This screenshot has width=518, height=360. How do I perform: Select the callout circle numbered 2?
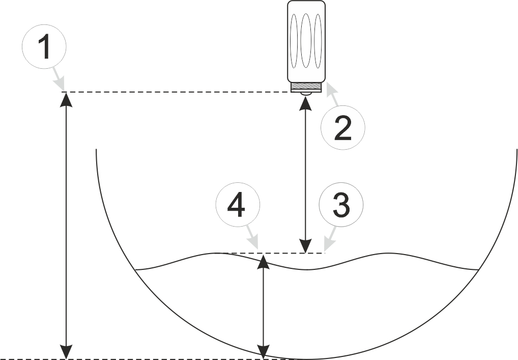click(343, 127)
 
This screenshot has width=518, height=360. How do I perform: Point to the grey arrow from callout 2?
click(332, 95)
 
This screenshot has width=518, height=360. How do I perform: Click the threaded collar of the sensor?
click(306, 87)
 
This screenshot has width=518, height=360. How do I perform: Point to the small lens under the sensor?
click(306, 94)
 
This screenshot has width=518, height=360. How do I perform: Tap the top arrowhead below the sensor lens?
click(305, 103)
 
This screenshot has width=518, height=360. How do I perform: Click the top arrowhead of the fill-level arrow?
click(263, 261)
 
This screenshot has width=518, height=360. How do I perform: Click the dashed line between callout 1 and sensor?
click(178, 92)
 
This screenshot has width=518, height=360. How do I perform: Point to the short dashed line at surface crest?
click(270, 253)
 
